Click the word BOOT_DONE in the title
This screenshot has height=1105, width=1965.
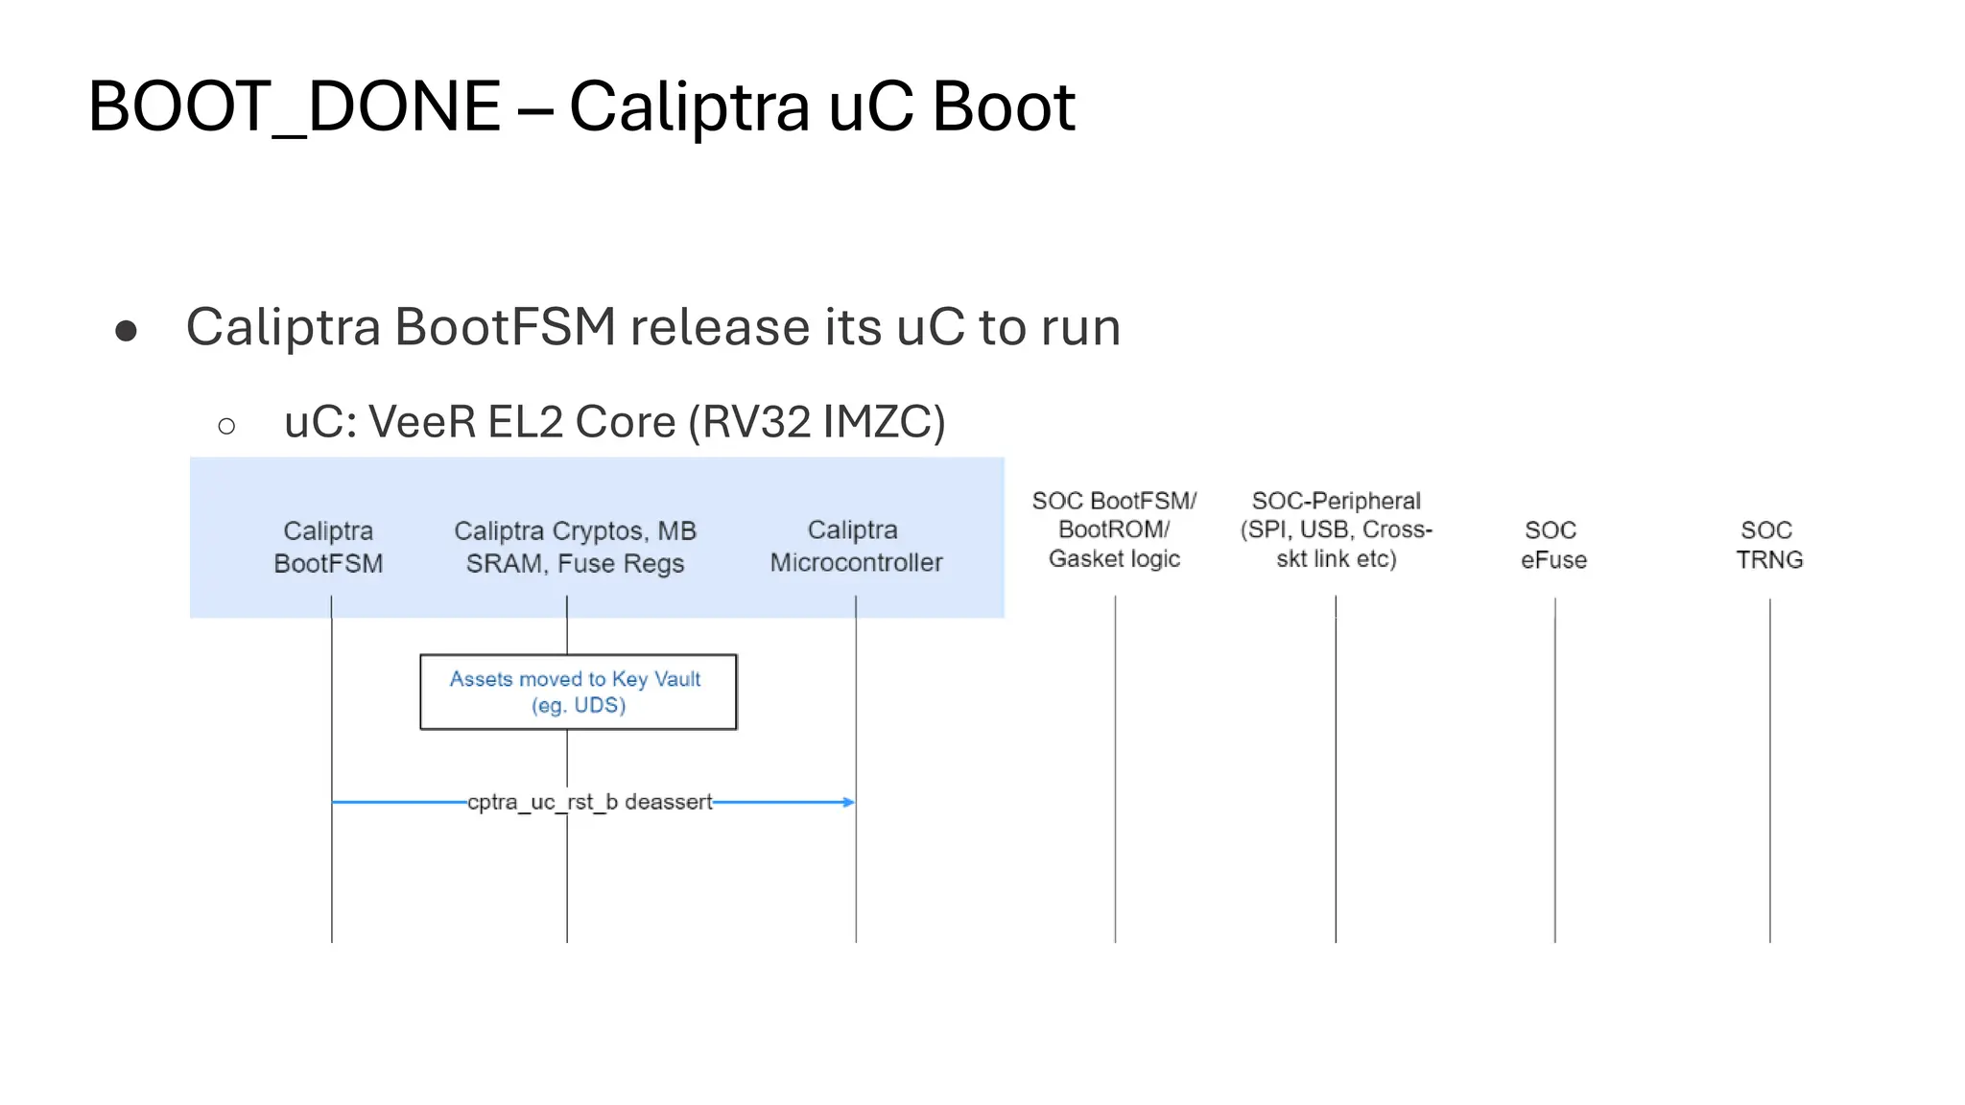294,106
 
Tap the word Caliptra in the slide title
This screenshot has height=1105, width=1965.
689,106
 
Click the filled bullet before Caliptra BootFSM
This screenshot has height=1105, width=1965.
126,331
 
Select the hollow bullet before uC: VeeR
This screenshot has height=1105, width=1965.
226,426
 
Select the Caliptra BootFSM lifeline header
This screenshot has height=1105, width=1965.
328,547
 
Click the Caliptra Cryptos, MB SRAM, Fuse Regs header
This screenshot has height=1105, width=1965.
575,547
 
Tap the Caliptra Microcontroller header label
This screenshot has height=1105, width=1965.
855,546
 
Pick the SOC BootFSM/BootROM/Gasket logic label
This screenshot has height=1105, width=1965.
1114,529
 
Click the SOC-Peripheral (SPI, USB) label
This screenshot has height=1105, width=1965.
1336,529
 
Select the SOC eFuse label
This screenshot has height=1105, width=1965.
1553,545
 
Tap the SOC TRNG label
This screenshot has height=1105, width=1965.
1768,545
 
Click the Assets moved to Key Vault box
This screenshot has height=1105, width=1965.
579,692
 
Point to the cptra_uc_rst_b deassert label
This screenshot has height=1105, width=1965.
589,802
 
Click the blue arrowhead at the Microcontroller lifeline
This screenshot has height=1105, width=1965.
848,802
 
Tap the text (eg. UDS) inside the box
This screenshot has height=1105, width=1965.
579,706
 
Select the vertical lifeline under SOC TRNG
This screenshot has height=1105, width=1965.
1770,767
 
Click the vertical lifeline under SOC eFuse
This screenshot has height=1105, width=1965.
1555,767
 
